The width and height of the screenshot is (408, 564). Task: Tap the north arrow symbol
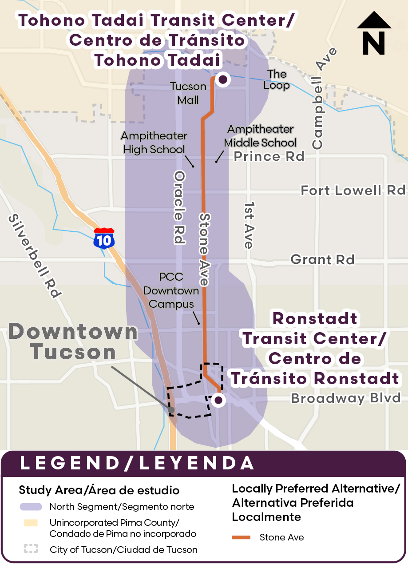click(374, 34)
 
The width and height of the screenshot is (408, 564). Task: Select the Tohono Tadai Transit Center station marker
click(223, 79)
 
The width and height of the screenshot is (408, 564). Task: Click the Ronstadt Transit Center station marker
click(218, 400)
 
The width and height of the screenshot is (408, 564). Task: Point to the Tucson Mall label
click(188, 93)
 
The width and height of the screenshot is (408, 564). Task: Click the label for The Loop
click(277, 79)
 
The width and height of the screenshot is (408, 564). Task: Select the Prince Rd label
click(269, 156)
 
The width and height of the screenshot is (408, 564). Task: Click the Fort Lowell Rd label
click(353, 191)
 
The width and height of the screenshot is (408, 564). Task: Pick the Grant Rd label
click(322, 259)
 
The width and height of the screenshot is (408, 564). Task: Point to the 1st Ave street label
click(249, 226)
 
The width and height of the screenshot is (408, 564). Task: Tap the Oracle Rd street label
click(179, 207)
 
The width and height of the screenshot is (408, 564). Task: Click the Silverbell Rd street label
click(35, 256)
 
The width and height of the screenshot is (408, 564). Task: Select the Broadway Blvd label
click(346, 398)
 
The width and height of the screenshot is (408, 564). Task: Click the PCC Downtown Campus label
click(172, 290)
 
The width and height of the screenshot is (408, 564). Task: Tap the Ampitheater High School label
click(154, 143)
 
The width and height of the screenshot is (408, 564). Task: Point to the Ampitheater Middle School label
click(260, 136)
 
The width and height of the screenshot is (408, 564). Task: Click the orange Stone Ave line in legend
click(241, 537)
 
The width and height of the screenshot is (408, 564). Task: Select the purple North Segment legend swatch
click(31, 507)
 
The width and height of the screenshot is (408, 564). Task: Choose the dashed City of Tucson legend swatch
click(31, 549)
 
